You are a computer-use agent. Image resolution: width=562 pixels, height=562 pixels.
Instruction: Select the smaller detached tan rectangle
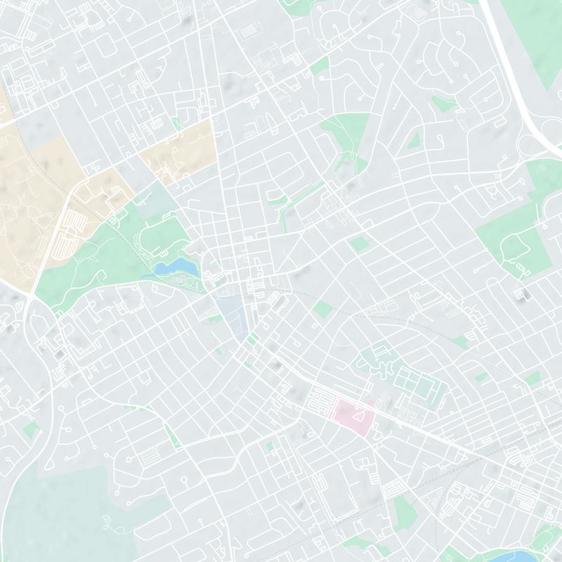pyautogui.click(x=176, y=152)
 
